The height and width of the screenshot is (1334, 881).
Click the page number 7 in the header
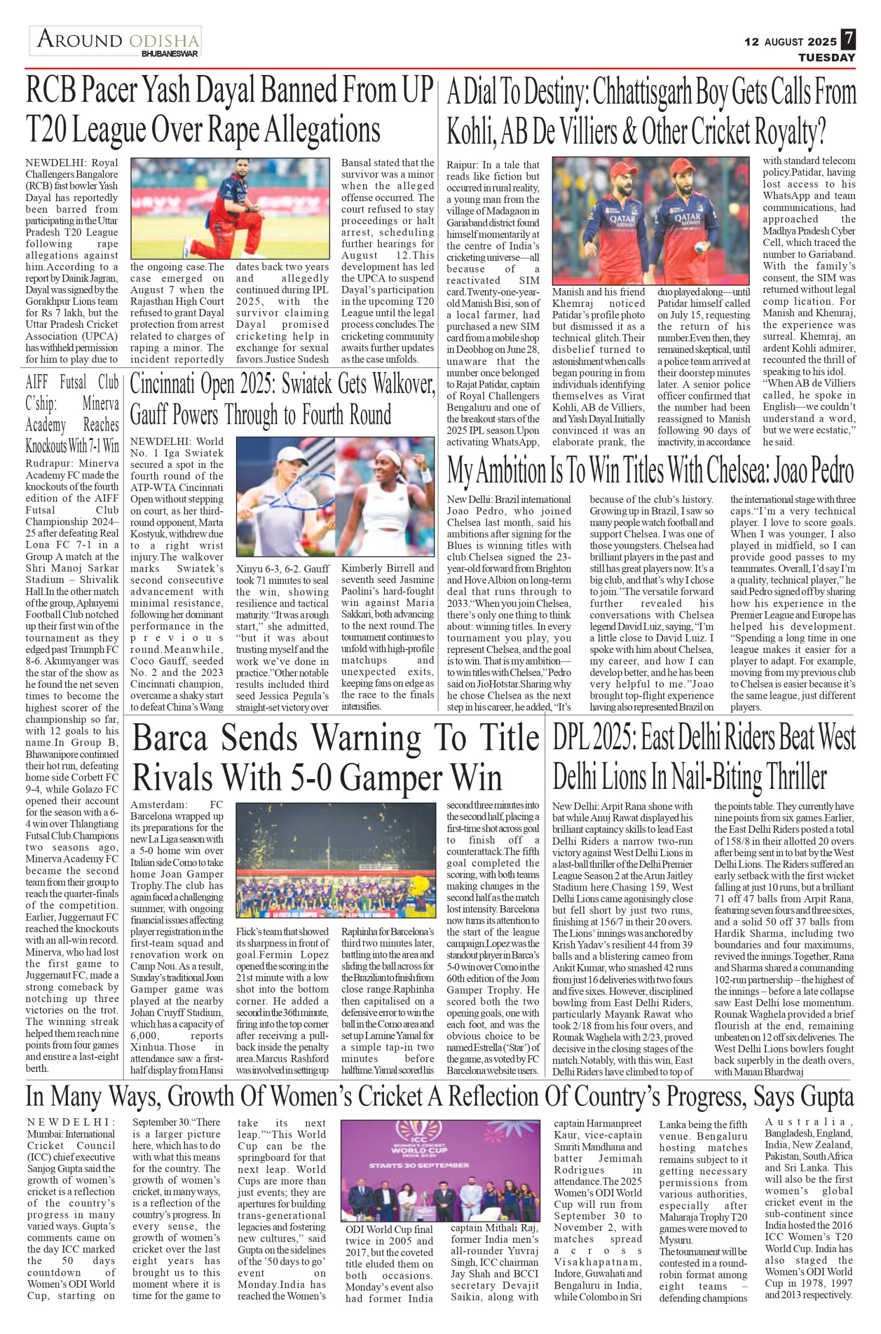848,40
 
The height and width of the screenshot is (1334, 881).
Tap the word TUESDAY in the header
827,57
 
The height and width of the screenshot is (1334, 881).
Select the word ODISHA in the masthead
164,41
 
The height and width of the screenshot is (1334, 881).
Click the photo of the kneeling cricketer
230,208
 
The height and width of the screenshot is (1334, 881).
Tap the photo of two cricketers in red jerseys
650,220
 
